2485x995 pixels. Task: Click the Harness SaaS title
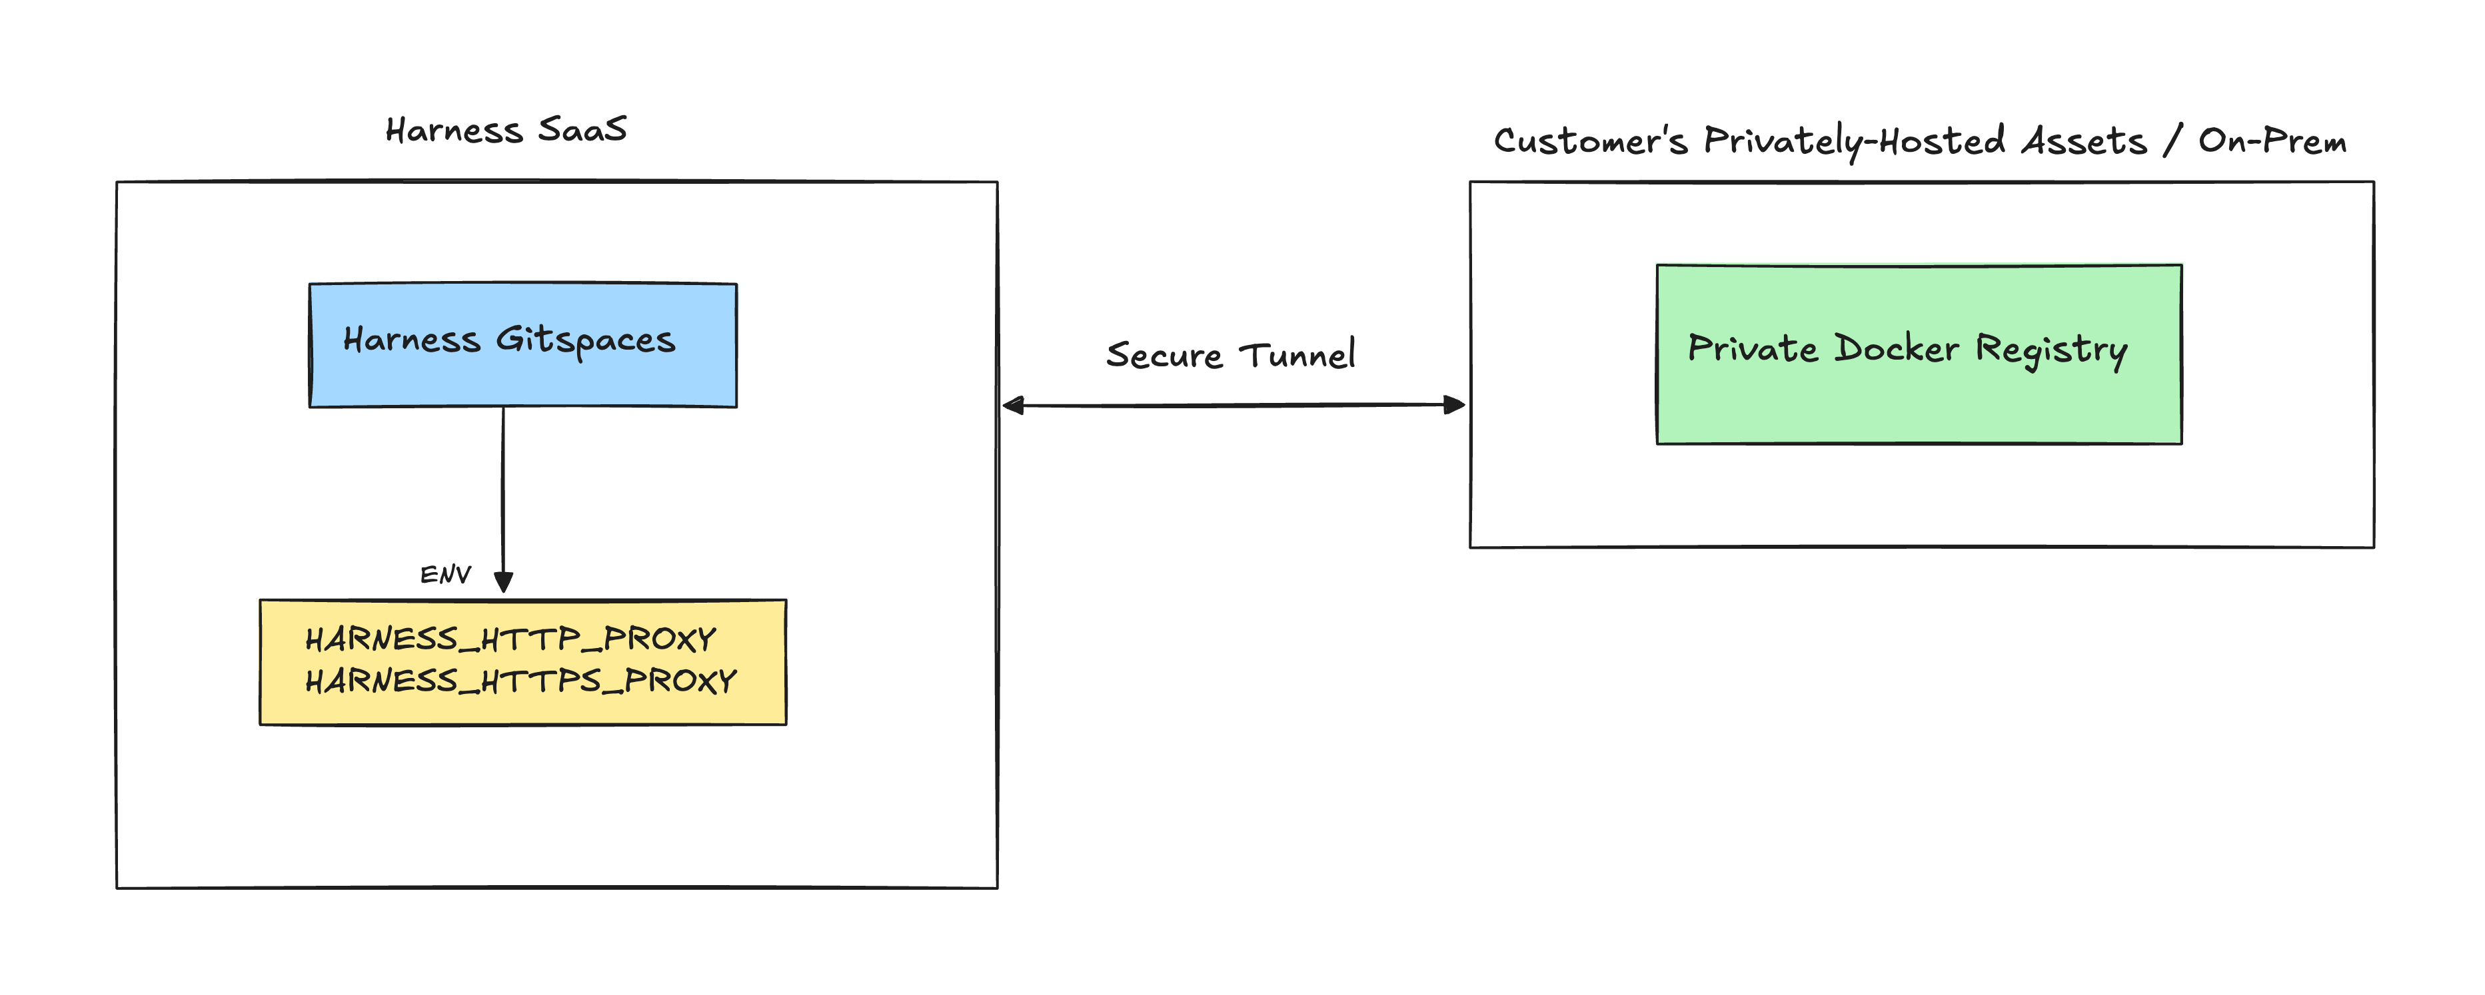click(506, 130)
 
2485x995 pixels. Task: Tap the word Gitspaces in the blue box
click(586, 340)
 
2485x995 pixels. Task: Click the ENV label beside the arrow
click(444, 575)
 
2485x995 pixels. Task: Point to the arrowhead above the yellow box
click(502, 581)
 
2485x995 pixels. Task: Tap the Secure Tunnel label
click(1230, 355)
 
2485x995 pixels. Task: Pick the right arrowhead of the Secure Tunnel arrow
click(1454, 405)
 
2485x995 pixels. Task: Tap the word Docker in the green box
click(1896, 348)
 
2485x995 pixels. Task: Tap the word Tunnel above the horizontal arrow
click(1297, 355)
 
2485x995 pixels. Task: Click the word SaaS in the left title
click(582, 129)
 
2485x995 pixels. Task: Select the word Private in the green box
click(1753, 348)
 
